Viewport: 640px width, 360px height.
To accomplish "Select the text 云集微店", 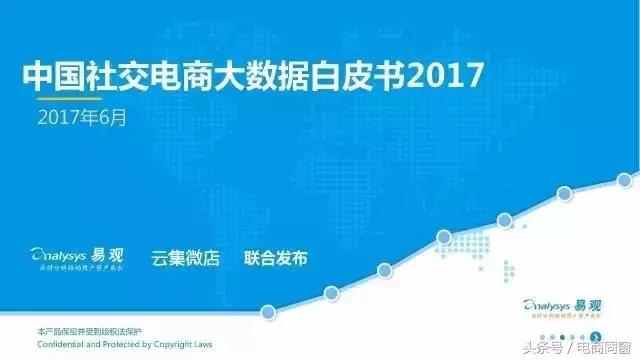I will [185, 257].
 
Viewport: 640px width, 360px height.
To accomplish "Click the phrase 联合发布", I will [275, 257].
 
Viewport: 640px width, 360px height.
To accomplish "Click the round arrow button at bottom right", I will [597, 337].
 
